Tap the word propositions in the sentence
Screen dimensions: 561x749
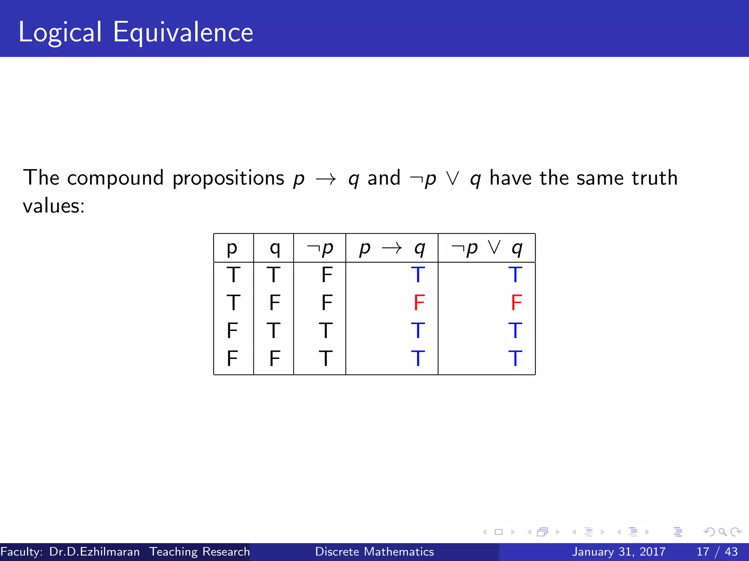[x=228, y=178]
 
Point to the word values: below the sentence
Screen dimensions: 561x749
[x=54, y=206]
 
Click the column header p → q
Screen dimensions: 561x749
[x=392, y=248]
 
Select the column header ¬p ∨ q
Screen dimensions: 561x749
[x=486, y=248]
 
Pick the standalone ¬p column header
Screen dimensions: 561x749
[x=320, y=248]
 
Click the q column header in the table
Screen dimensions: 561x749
[x=275, y=248]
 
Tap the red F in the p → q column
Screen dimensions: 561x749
[x=419, y=302]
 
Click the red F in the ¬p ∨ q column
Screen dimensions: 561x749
[x=516, y=302]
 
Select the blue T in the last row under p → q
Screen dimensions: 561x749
[x=418, y=358]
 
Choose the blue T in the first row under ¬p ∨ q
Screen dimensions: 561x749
[x=515, y=275]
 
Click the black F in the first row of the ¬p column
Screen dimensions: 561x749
[x=327, y=275]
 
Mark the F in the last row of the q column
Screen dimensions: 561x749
[x=274, y=358]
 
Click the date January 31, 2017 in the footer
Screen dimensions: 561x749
[x=618, y=552]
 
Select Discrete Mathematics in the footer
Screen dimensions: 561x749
[x=374, y=552]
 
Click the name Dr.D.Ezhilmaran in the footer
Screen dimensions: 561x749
[x=94, y=552]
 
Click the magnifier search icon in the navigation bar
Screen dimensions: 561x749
[x=722, y=532]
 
